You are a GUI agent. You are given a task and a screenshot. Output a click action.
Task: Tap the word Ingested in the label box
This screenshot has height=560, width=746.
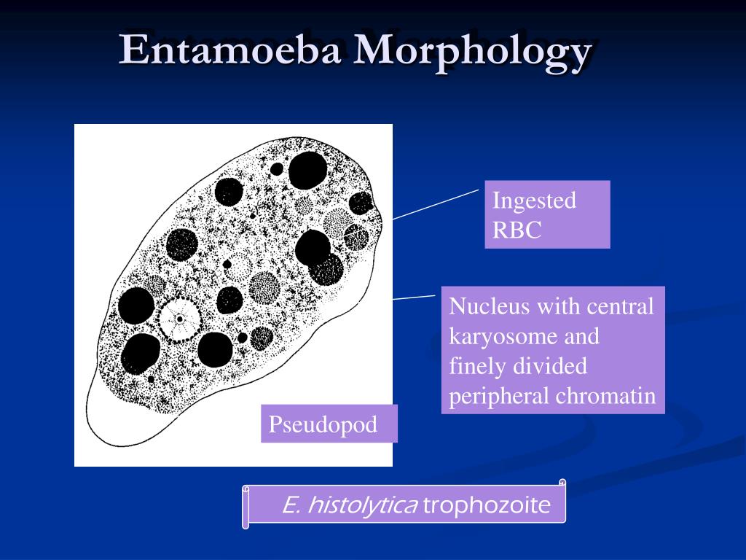click(x=534, y=201)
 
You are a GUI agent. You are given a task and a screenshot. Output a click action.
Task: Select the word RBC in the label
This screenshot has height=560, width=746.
click(x=517, y=230)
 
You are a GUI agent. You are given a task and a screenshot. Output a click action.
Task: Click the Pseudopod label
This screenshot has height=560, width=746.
click(x=323, y=424)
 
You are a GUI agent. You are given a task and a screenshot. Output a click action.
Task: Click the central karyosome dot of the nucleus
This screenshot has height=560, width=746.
click(x=179, y=319)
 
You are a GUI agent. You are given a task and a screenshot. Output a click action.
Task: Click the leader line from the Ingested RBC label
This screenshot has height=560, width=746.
click(x=436, y=203)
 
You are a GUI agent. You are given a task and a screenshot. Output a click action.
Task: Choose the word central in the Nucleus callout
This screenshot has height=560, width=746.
click(x=623, y=306)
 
